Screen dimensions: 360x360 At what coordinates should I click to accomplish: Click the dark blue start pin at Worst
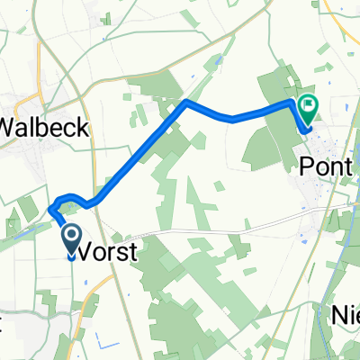coord(72,240)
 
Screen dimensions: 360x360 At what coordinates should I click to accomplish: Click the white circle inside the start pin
coord(72,236)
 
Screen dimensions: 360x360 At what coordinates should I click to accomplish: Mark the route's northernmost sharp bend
coord(186,103)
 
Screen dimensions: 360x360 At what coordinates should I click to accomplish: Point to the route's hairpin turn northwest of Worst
coord(52,206)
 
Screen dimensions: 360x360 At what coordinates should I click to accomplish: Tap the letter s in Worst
coord(123,254)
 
